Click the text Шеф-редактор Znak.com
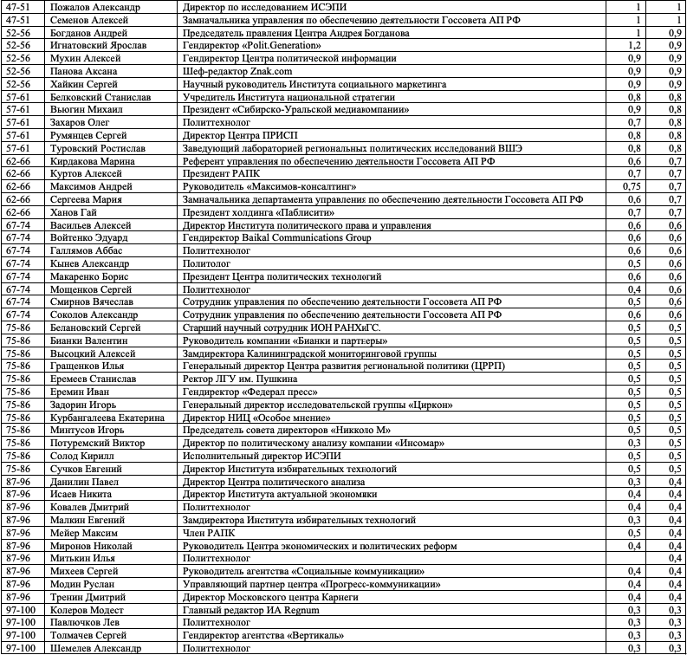(234, 71)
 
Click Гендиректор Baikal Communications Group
(277, 238)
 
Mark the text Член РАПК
(209, 533)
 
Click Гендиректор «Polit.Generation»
(251, 45)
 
